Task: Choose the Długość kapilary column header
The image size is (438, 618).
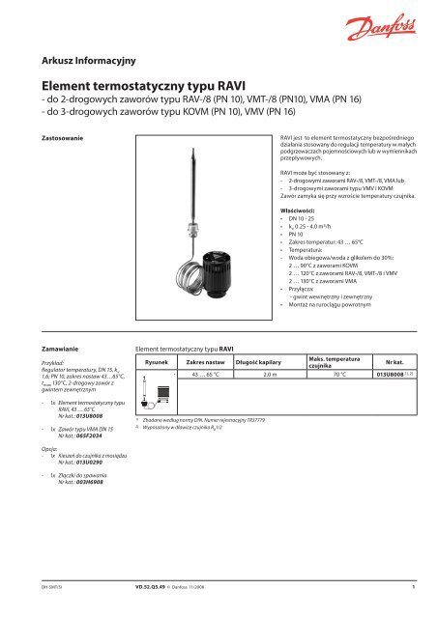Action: click(x=254, y=362)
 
